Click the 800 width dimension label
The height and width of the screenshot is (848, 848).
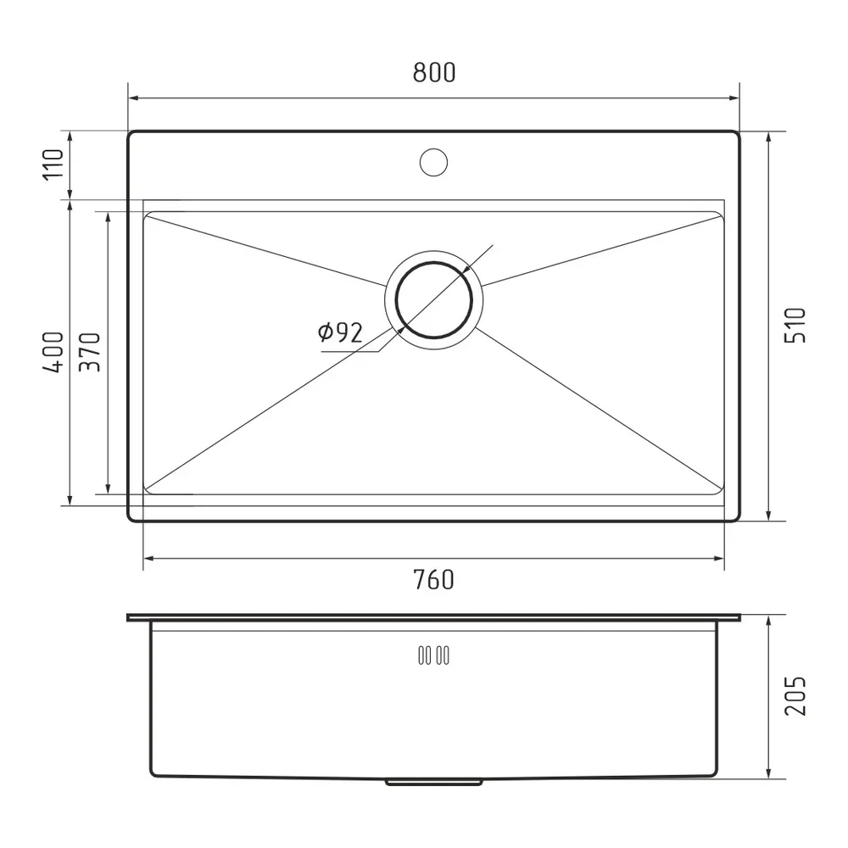(434, 72)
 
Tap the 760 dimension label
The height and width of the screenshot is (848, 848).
(433, 580)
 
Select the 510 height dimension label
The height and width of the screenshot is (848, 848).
(795, 325)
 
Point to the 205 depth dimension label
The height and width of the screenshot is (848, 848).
(795, 696)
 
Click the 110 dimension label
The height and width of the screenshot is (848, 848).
(53, 165)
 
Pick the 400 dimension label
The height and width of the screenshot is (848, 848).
(53, 352)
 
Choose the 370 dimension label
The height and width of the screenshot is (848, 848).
(90, 352)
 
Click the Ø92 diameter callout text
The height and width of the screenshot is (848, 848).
(340, 332)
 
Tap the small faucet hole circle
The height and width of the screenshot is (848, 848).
(433, 162)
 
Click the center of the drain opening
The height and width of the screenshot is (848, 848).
(433, 300)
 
